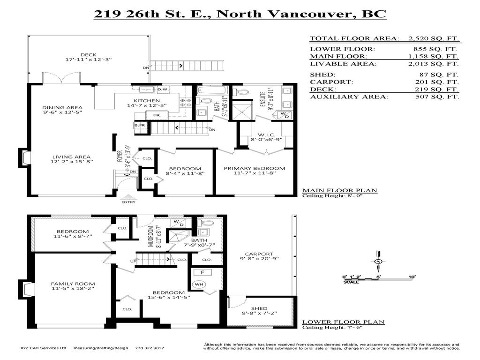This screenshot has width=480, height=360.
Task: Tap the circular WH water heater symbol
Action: tap(199, 285)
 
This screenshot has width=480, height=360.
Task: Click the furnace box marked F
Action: tap(202, 271)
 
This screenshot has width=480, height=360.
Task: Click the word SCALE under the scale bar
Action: tap(351, 282)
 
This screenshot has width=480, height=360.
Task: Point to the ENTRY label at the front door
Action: tap(128, 202)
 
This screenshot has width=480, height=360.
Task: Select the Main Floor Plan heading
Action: tap(339, 190)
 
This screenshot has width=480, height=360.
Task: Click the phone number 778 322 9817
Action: tap(149, 348)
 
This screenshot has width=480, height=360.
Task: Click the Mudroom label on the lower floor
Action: tap(151, 237)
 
